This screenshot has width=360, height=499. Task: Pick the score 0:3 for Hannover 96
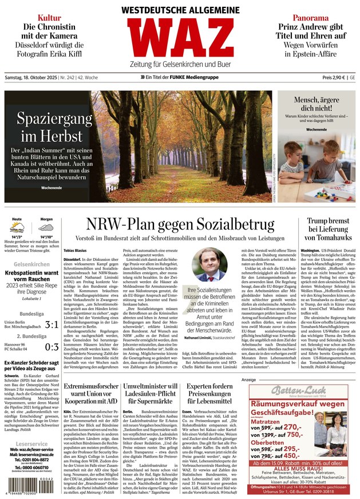tap(52, 347)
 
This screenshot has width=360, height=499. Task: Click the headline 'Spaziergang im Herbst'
tap(55, 127)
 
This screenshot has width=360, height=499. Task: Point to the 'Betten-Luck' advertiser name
tap(298, 391)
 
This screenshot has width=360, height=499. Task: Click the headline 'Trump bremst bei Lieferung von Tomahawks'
tap(327, 229)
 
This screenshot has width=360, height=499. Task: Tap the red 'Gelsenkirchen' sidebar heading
tap(31, 264)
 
